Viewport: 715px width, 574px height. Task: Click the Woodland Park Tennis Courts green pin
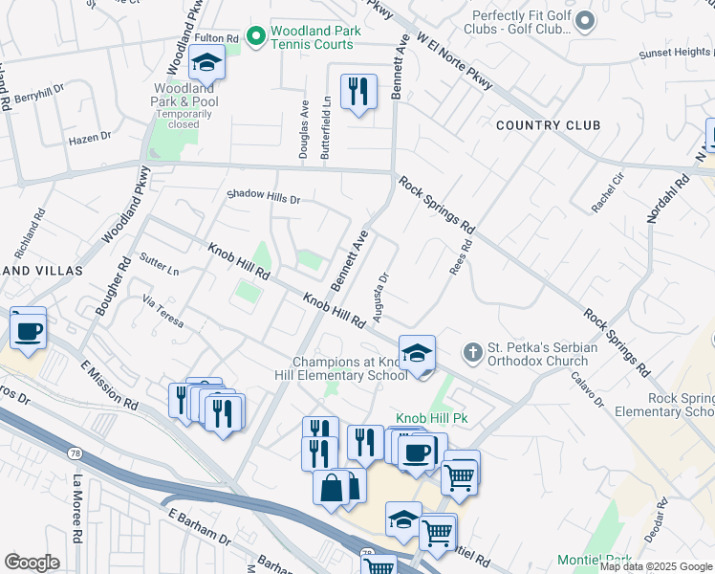(255, 37)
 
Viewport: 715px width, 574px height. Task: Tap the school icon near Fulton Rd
(206, 63)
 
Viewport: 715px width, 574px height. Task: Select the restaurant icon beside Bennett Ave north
(358, 92)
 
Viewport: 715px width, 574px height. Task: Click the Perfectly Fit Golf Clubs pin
(585, 19)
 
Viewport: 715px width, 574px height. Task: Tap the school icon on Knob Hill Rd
(417, 354)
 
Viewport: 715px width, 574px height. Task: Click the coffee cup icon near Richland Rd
(28, 330)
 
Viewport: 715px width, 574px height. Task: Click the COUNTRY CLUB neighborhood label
(548, 125)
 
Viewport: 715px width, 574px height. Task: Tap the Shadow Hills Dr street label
(263, 198)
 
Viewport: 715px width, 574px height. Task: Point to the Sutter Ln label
(159, 265)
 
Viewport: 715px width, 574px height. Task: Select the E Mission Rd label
(109, 386)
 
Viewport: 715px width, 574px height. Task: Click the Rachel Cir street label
(607, 192)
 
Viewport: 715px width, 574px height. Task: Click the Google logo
(32, 563)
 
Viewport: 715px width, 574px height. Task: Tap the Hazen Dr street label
(90, 140)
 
